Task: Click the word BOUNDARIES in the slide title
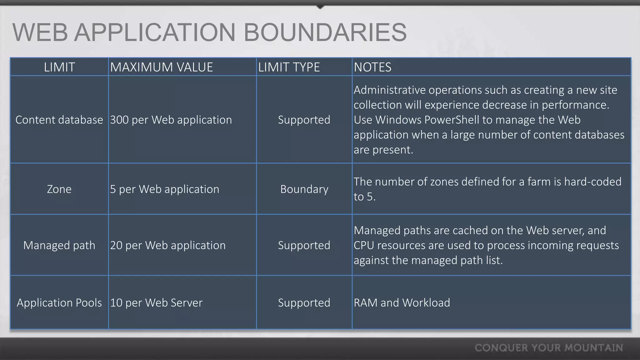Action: point(325,32)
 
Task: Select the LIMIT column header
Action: point(59,67)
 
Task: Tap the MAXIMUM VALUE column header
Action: point(161,67)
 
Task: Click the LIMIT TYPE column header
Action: point(289,67)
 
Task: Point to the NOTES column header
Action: point(372,67)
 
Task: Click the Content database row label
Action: point(59,120)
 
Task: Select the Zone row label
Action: point(59,189)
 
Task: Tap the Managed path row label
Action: point(59,245)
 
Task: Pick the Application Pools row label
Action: point(59,302)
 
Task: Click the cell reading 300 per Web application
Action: point(171,120)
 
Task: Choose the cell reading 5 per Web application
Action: point(165,189)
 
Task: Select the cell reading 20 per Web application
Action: point(168,245)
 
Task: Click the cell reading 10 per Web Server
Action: point(156,302)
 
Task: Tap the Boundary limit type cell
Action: point(304,189)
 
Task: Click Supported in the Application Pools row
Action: point(304,302)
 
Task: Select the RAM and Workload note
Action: point(402,302)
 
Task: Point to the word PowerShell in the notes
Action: point(448,120)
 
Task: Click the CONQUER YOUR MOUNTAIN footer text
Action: point(549,348)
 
